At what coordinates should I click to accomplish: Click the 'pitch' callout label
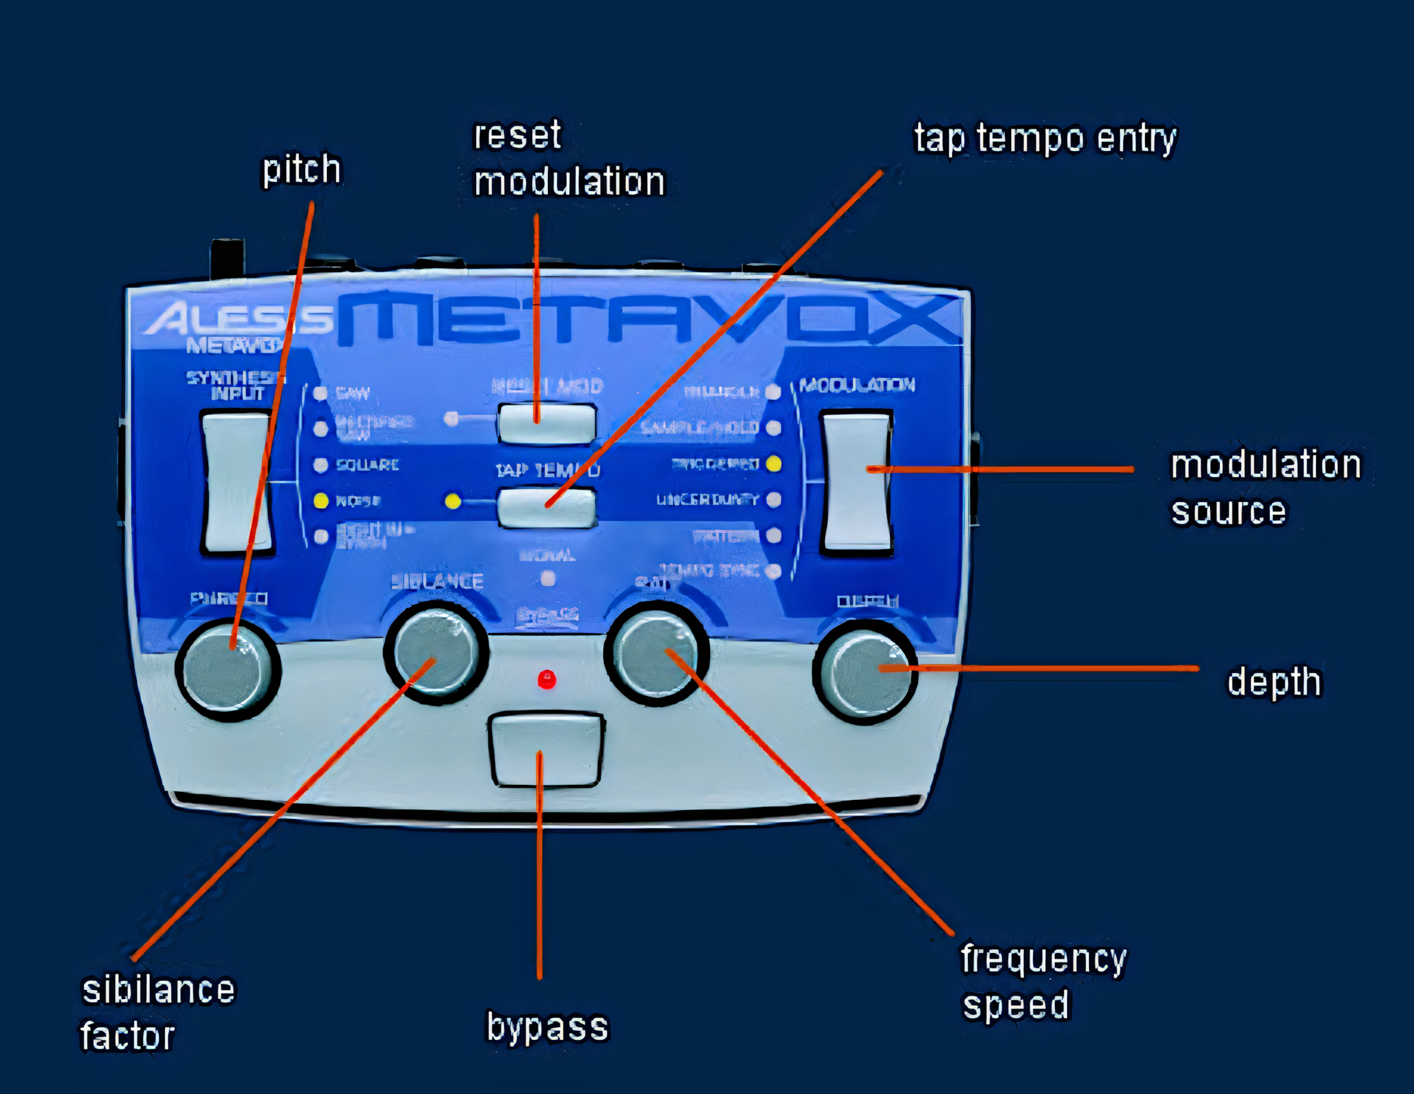click(302, 170)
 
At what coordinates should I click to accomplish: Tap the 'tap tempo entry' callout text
click(1045, 139)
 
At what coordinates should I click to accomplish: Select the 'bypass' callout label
click(547, 1027)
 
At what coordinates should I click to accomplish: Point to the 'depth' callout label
click(1274, 682)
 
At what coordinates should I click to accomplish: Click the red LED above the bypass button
click(547, 680)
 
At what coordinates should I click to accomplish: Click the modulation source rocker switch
click(856, 481)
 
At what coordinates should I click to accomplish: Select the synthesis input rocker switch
click(237, 481)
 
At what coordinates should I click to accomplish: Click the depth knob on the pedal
click(865, 671)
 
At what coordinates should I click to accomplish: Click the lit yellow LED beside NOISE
click(320, 501)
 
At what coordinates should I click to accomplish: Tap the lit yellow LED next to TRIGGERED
click(774, 464)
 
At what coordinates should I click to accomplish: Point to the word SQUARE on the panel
click(367, 466)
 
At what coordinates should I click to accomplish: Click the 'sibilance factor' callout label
click(157, 1013)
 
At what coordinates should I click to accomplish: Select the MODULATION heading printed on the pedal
click(857, 386)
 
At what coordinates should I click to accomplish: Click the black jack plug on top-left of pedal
click(228, 258)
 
